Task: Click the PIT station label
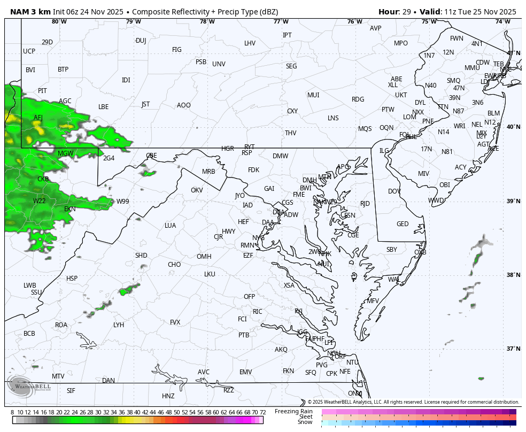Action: point(42,91)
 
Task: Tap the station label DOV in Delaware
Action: point(394,191)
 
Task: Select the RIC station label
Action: point(258,312)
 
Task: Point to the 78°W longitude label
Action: point(207,21)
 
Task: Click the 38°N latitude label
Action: point(513,275)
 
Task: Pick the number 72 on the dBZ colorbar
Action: point(262,412)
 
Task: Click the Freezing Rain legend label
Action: point(293,411)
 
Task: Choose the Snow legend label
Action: point(305,422)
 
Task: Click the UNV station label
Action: point(219,64)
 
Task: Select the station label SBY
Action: point(392,250)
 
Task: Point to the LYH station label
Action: point(119,325)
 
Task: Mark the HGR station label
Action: point(228,149)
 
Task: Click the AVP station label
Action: point(376,28)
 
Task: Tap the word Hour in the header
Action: point(389,12)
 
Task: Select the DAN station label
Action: point(109,381)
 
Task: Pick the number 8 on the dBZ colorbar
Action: point(12,412)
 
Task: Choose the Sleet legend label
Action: point(306,416)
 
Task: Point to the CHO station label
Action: point(174,265)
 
